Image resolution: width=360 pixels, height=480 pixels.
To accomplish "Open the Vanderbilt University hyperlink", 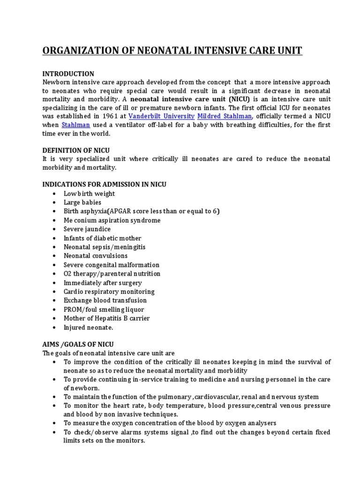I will [162, 116].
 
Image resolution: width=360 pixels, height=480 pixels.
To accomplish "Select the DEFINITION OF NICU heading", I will [76, 150].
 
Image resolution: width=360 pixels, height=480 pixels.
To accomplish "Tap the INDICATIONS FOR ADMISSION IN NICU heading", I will [104, 185].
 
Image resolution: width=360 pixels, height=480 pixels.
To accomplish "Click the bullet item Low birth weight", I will [89, 194].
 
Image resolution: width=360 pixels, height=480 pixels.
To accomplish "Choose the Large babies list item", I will [82, 202].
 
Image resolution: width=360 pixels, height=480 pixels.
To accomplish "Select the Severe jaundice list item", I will [87, 229].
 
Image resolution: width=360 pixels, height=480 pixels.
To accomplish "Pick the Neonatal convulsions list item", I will [96, 256].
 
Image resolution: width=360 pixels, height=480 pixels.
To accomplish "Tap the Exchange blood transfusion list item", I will [105, 300].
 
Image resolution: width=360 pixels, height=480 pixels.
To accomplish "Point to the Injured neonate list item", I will [89, 327].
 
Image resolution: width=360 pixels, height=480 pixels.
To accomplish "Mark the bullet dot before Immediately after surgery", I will [55, 283].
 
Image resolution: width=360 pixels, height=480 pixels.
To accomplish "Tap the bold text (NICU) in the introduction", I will [241, 99].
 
